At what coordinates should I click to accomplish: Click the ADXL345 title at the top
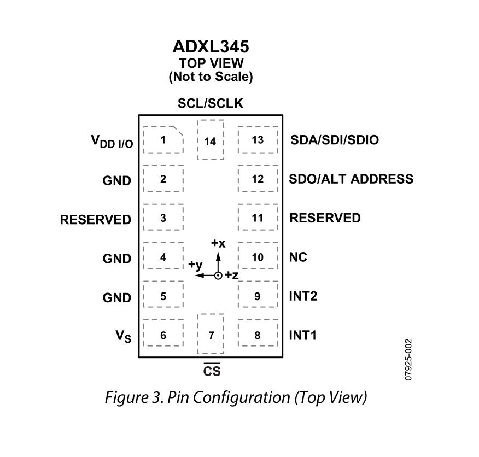[211, 46]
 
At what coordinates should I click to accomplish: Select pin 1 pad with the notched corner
[163, 140]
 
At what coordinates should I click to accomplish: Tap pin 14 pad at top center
[211, 140]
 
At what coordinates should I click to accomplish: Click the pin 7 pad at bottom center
[211, 334]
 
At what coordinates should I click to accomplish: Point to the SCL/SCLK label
[211, 103]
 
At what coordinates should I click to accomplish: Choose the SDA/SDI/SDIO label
[334, 140]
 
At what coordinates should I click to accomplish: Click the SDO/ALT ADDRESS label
[351, 179]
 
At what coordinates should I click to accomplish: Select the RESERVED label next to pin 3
[96, 219]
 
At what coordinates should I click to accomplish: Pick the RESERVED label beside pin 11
[325, 218]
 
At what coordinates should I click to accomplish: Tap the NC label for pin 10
[298, 257]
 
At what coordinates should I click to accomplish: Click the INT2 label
[303, 296]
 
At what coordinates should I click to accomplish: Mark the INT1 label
[302, 335]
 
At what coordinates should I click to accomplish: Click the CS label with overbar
[212, 371]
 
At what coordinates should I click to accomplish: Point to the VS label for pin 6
[123, 336]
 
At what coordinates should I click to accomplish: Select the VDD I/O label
[112, 142]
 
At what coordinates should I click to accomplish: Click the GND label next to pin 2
[117, 180]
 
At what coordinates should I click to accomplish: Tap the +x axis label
[218, 243]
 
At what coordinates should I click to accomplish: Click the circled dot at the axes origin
[218, 276]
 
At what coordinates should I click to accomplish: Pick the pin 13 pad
[258, 140]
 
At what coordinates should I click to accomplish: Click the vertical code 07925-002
[408, 359]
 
